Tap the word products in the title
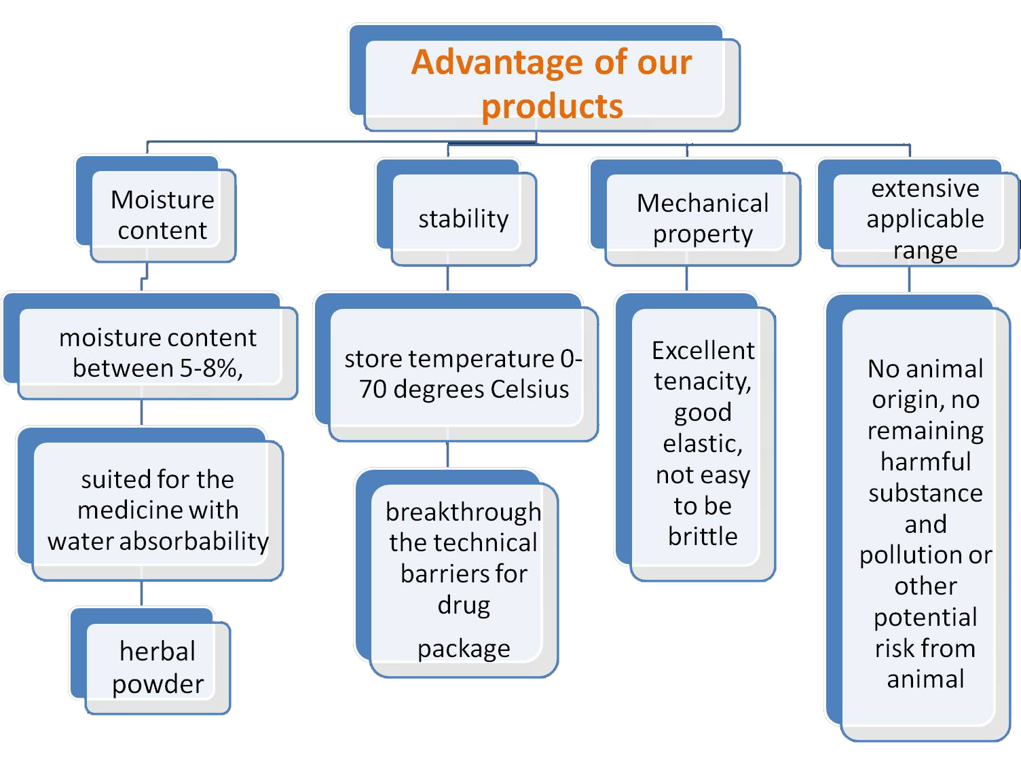tap(552, 107)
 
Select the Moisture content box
tap(156, 210)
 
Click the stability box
tap(457, 213)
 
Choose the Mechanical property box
tap(695, 213)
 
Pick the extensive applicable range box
tap(918, 213)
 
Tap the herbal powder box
tap(150, 661)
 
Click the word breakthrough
tap(463, 512)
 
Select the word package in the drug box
tap(464, 649)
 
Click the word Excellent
tap(703, 350)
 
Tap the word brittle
tap(703, 536)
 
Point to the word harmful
tap(926, 462)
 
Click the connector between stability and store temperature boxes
tap(447, 279)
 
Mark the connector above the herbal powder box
tap(141, 594)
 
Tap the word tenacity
tap(703, 381)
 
